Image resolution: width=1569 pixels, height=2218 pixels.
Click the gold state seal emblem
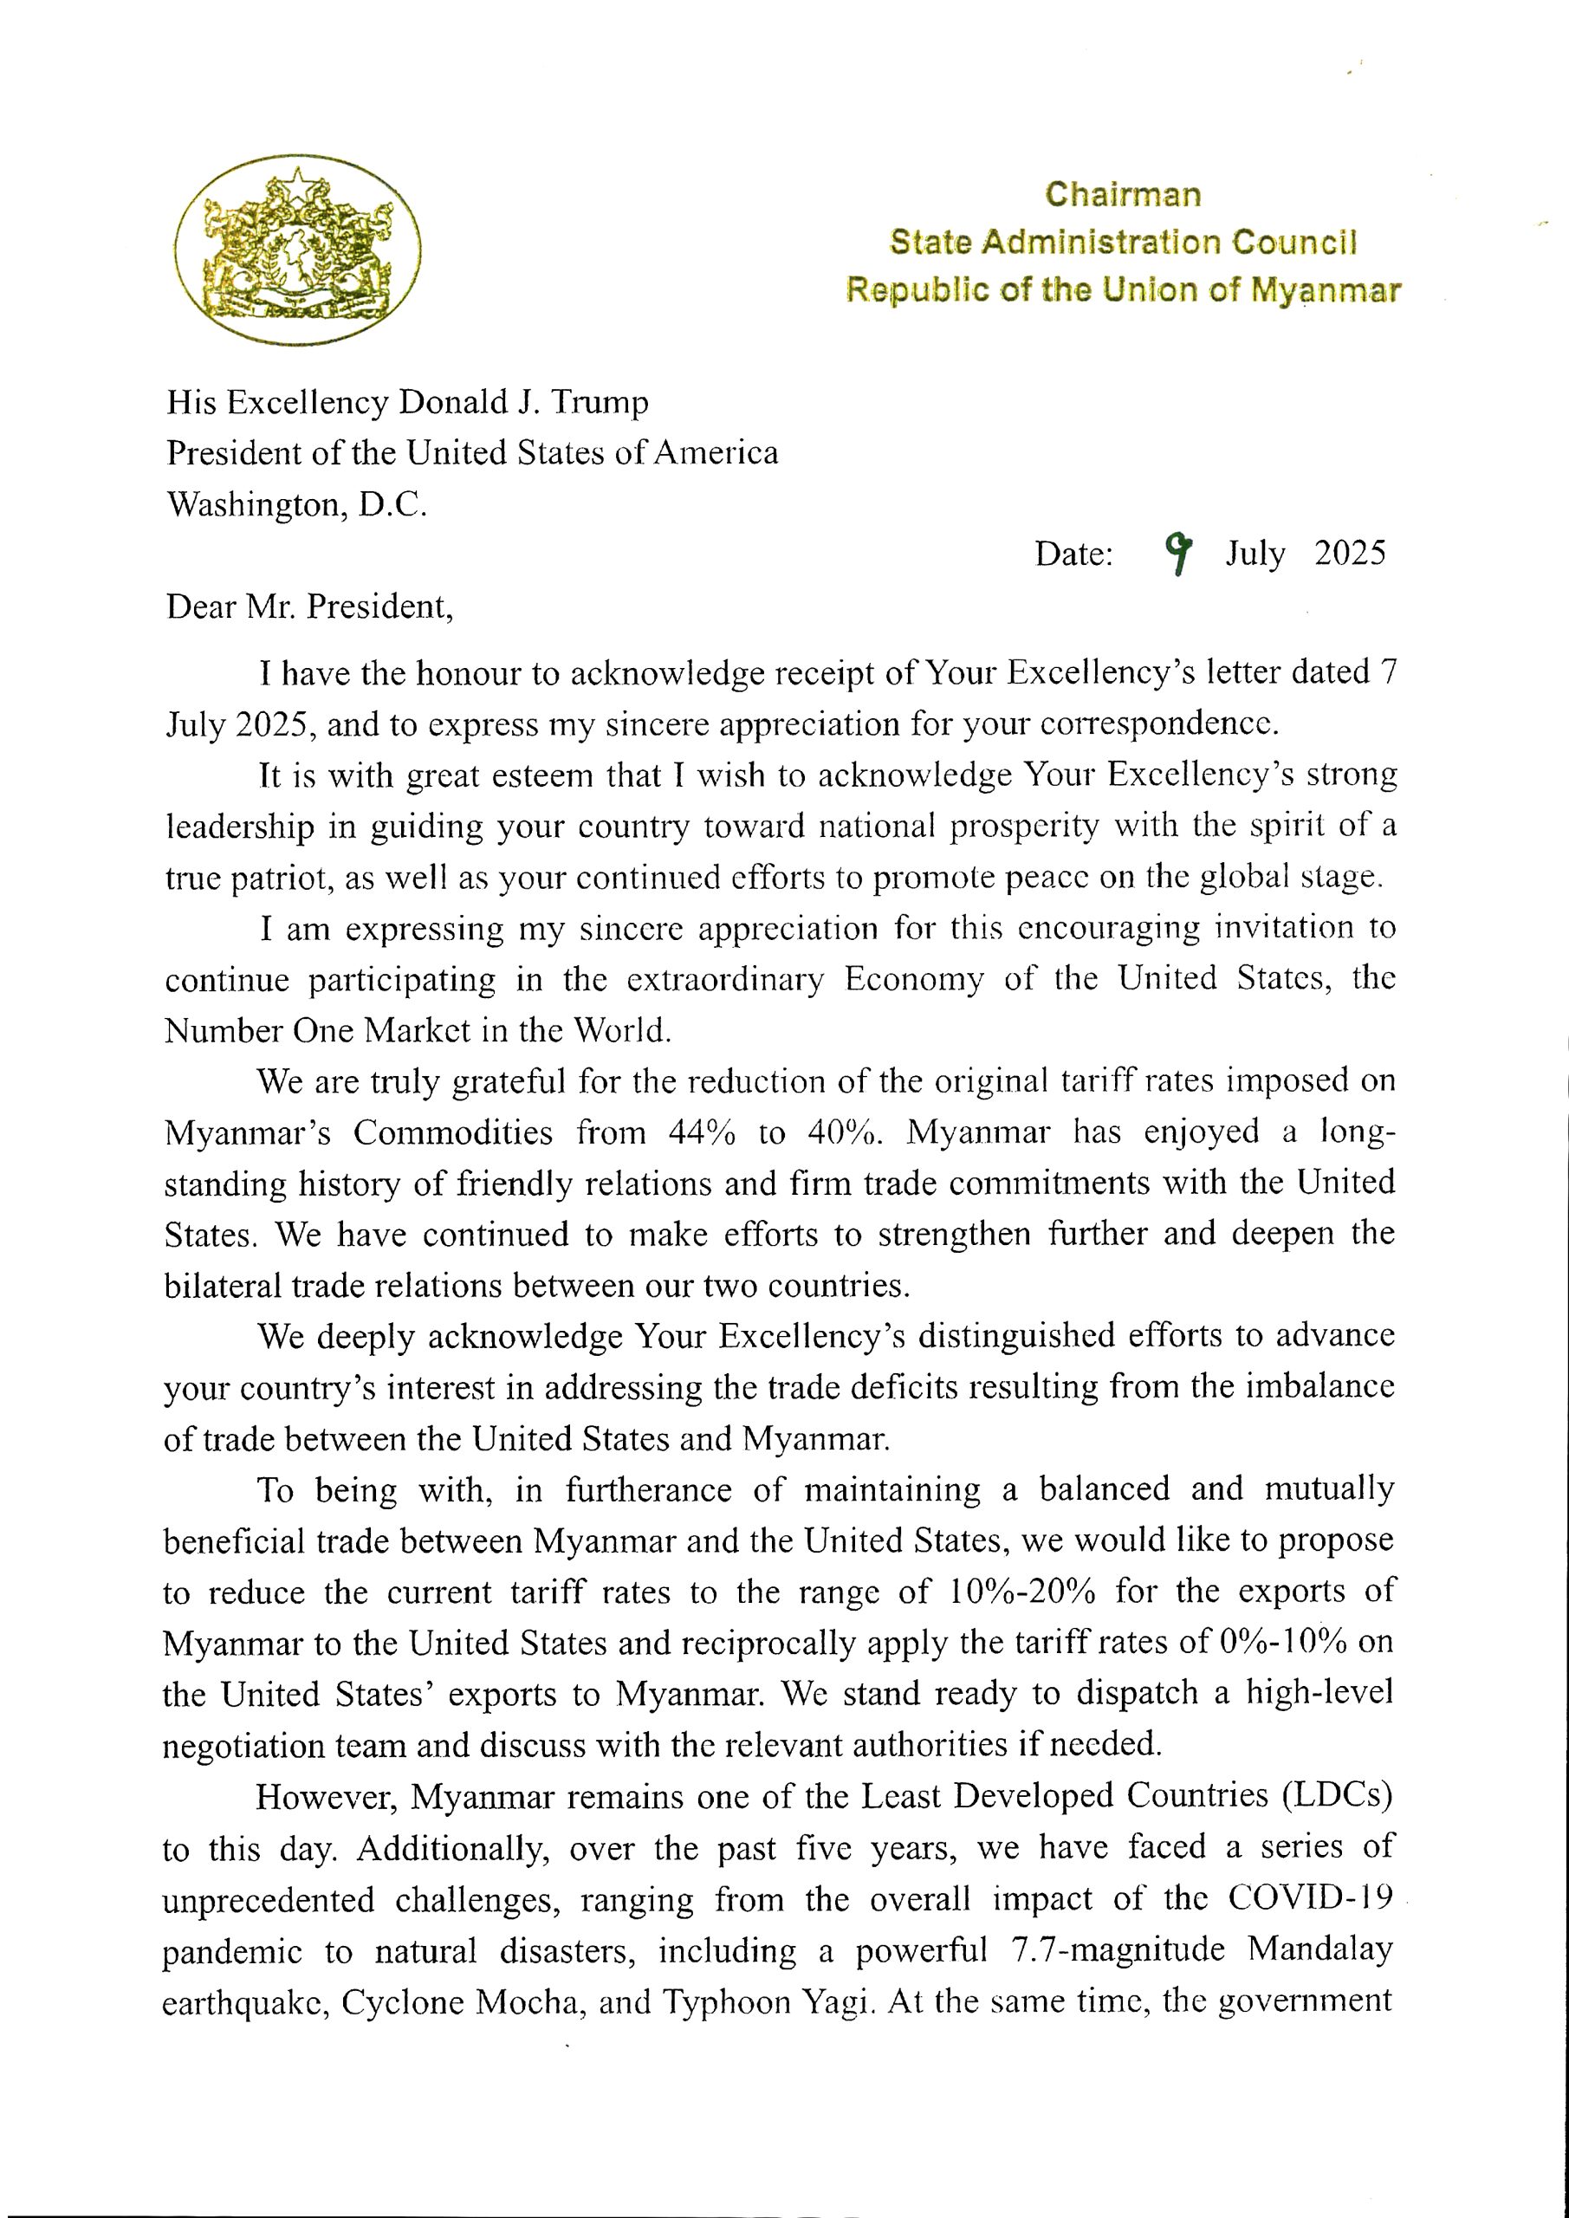pos(297,250)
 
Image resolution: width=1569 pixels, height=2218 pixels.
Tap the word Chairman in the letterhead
pos(1123,194)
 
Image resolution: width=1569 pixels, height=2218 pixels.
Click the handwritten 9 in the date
pos(1177,553)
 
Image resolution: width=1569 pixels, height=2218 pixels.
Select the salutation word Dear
pos(202,606)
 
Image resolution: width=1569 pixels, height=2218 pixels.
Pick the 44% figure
pos(702,1132)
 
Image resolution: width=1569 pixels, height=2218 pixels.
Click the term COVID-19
pos(1309,1898)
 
